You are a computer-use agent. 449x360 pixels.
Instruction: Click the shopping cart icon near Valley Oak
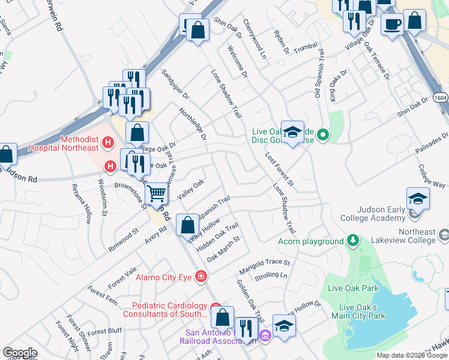pyautogui.click(x=157, y=193)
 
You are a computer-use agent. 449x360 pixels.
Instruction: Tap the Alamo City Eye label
pyautogui.click(x=163, y=277)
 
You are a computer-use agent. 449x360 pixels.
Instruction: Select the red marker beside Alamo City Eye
pyautogui.click(x=201, y=277)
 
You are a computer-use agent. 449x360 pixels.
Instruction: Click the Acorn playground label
pyautogui.click(x=310, y=241)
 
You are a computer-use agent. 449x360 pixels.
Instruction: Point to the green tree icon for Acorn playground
pyautogui.click(x=353, y=241)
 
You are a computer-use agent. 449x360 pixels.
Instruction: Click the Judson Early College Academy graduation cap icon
pyautogui.click(x=418, y=199)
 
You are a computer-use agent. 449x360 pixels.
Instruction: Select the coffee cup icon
pyautogui.click(x=393, y=25)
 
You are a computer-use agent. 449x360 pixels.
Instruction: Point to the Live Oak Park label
pyautogui.click(x=353, y=288)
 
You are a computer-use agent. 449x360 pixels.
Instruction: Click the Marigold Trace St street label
pyautogui.click(x=265, y=262)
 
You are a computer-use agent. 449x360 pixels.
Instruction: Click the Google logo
pyautogui.click(x=20, y=353)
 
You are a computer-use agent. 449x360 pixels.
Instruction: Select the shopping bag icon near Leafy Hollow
pyautogui.click(x=188, y=225)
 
